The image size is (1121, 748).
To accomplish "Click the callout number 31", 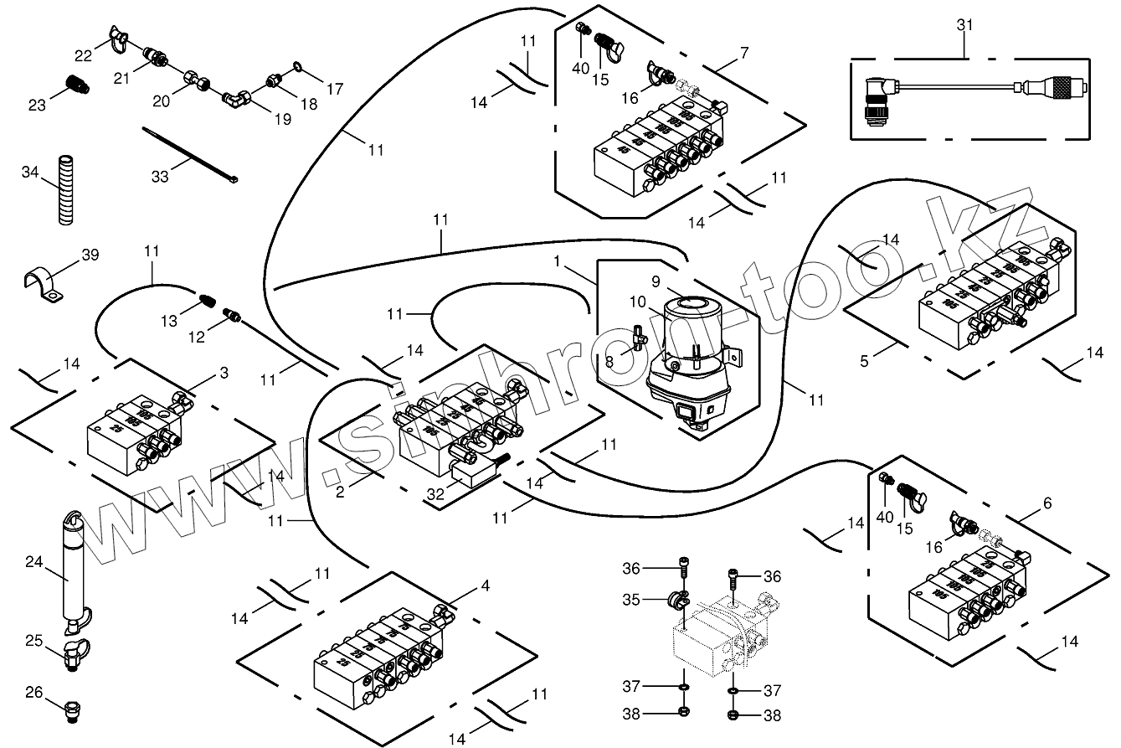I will pyautogui.click(x=965, y=26).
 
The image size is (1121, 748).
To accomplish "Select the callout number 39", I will pyautogui.click(x=90, y=255).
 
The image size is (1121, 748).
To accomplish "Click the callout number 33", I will pyautogui.click(x=160, y=176).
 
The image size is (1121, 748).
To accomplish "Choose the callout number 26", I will pyautogui.click(x=33, y=693).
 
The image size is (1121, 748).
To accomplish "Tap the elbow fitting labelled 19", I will pyautogui.click(x=236, y=100).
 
